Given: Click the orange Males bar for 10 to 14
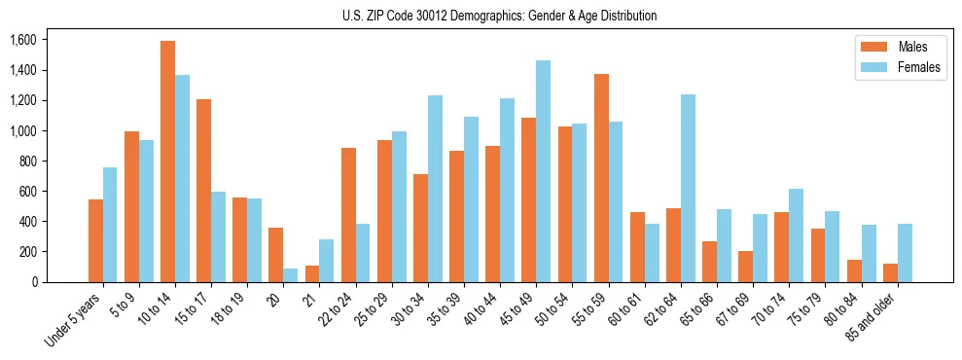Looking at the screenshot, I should (167, 162).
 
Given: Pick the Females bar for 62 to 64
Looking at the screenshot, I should (687, 188).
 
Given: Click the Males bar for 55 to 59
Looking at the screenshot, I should (601, 178).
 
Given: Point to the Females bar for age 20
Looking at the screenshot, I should (290, 275).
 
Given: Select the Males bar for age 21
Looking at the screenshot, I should (311, 273).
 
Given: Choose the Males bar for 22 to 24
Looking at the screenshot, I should (347, 215).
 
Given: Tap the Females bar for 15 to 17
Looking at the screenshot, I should (218, 236).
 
